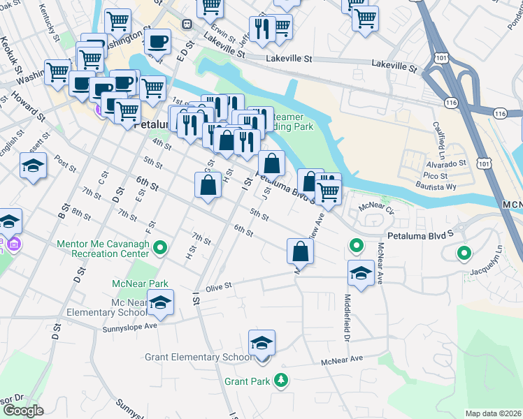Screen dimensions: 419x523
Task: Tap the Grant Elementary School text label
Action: [199, 358]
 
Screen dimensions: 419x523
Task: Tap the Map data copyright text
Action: [493, 413]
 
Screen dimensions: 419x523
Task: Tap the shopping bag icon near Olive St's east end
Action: [299, 251]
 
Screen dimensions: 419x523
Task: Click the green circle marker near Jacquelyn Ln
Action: [463, 253]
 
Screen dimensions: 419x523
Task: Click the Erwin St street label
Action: [224, 32]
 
